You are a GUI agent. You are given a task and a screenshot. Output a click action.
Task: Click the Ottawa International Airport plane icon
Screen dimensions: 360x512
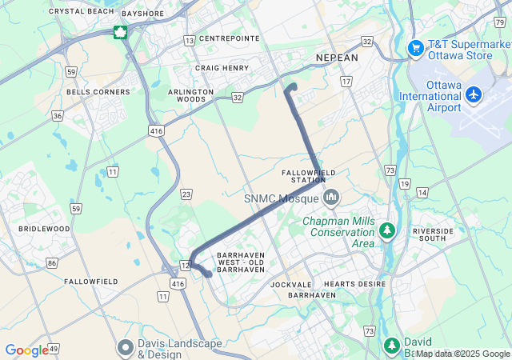click(474, 95)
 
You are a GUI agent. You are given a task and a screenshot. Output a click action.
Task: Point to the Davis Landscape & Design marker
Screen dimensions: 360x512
click(125, 347)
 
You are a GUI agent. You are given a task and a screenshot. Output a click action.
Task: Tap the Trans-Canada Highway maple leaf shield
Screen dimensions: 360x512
click(120, 32)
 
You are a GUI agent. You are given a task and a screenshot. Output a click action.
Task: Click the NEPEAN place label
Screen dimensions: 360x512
click(337, 58)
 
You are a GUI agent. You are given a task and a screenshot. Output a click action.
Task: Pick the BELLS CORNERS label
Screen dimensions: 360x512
click(98, 92)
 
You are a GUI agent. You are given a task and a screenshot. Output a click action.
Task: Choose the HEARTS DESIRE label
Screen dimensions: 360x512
click(354, 284)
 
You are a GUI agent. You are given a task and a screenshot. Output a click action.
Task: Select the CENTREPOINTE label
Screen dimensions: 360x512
click(229, 38)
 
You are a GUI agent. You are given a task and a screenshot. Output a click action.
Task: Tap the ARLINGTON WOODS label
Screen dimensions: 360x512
click(191, 95)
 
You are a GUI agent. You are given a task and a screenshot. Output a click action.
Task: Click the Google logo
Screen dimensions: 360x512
click(26, 350)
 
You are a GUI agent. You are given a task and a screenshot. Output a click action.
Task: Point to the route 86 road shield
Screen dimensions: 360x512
click(52, 262)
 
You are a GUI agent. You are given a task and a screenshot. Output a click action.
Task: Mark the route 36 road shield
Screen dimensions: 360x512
click(58, 116)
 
